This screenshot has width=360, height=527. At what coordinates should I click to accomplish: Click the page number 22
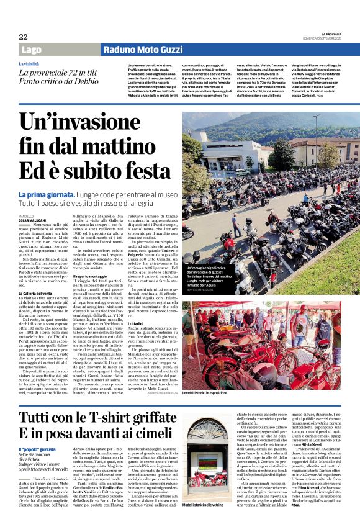point(22,37)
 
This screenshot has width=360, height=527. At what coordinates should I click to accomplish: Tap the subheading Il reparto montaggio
point(91,275)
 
